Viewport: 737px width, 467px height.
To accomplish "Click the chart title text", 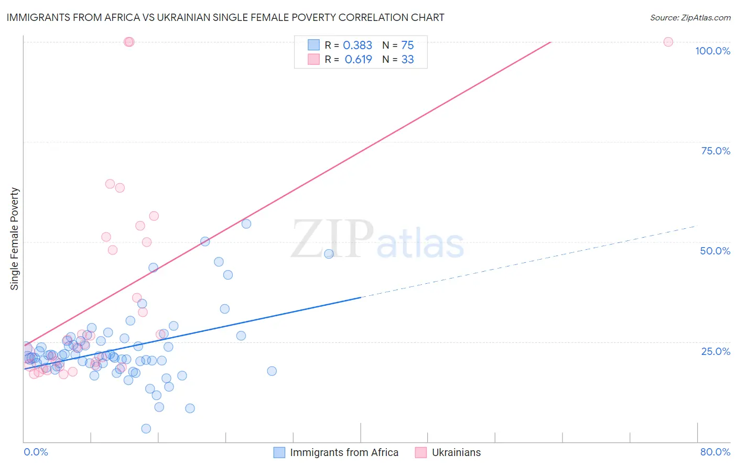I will [x=225, y=18].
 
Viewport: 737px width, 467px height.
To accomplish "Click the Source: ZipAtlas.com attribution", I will [x=690, y=18].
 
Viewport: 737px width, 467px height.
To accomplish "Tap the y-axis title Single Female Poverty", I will [x=15, y=239].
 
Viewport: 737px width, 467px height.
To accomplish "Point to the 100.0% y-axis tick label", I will [x=712, y=51].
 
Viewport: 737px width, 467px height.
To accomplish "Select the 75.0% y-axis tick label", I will [x=716, y=151].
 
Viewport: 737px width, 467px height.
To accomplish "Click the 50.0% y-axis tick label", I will [x=715, y=251].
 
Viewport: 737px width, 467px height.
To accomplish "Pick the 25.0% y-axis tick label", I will [x=716, y=351].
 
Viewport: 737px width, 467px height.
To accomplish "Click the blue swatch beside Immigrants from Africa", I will [x=279, y=453].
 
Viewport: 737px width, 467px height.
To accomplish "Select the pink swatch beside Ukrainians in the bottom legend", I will [x=421, y=453].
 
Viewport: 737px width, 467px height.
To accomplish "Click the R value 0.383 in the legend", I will [x=357, y=46].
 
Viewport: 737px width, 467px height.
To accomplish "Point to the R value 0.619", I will [x=358, y=60].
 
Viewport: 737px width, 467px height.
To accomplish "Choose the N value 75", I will [x=407, y=46].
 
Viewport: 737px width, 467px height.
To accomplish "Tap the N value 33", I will [x=407, y=60].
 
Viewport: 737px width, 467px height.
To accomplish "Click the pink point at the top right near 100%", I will [x=668, y=42].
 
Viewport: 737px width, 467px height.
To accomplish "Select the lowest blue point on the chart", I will [x=146, y=429].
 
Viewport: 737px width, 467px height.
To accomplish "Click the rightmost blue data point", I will [x=329, y=254].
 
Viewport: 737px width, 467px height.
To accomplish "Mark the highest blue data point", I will [x=246, y=224].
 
